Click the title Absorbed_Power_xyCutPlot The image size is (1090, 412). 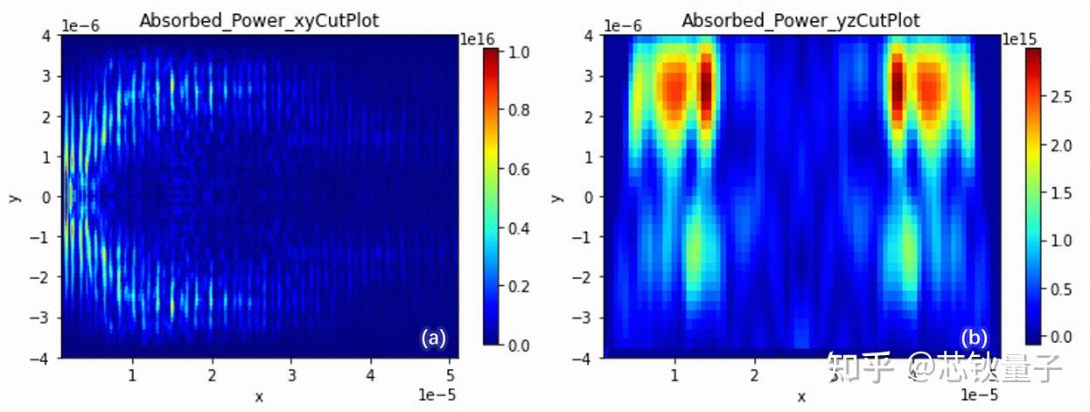pyautogui.click(x=259, y=20)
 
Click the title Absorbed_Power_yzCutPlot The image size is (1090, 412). pyautogui.click(x=801, y=20)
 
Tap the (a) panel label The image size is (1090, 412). pyautogui.click(x=433, y=338)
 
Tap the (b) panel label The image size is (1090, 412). pyautogui.click(x=975, y=338)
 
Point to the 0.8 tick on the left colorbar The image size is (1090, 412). pyautogui.click(x=519, y=110)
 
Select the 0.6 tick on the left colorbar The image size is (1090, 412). pyautogui.click(x=519, y=170)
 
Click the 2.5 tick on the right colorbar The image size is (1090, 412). pyautogui.click(x=1061, y=97)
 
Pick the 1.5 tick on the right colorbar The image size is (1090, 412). pyautogui.click(x=1061, y=193)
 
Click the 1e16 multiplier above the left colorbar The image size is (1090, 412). pyautogui.click(x=478, y=38)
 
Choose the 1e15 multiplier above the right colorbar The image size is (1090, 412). pyautogui.click(x=1019, y=38)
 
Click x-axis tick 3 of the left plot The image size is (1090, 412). pyautogui.click(x=291, y=375)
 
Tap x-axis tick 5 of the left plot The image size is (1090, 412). pyautogui.click(x=451, y=375)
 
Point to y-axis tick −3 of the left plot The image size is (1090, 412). pyautogui.click(x=40, y=318)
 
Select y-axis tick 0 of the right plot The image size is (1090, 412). pyautogui.click(x=589, y=198)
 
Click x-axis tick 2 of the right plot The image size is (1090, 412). pyautogui.click(x=754, y=375)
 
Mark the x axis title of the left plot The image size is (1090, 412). pyautogui.click(x=259, y=397)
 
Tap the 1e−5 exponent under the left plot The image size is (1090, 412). pyautogui.click(x=437, y=395)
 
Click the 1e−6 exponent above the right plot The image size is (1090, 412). pyautogui.click(x=623, y=25)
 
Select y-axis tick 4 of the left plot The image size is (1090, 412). pyautogui.click(x=46, y=36)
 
